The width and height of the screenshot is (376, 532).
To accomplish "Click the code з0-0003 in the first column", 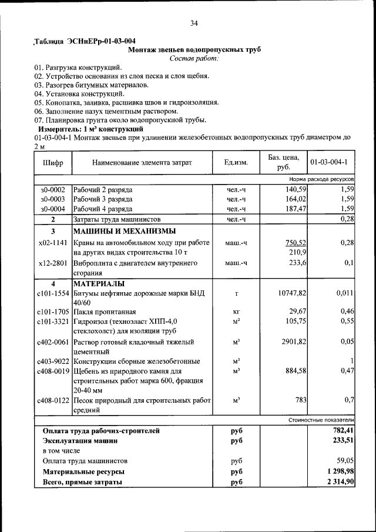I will [53, 199].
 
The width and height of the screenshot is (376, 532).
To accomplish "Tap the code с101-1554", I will [53, 293].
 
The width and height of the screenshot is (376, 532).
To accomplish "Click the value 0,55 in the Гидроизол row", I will [346, 321].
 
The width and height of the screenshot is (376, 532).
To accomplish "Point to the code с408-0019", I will [53, 372].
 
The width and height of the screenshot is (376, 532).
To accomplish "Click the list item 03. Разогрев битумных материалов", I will [91, 85].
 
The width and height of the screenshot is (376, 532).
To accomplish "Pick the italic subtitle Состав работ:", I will [194, 58].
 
